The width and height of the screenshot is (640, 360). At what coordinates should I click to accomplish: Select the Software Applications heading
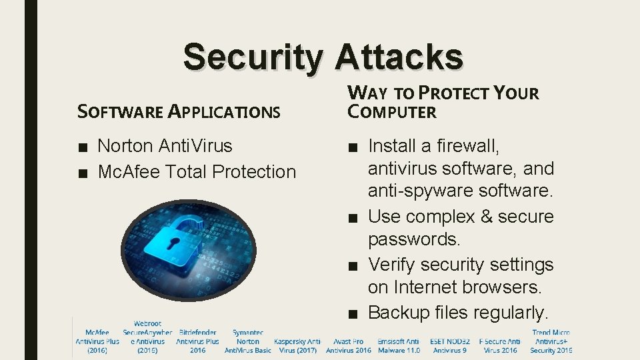[179, 111]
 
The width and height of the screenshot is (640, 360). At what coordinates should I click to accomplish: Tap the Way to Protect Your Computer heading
[443, 102]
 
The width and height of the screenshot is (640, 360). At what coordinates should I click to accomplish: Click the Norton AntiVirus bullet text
[165, 145]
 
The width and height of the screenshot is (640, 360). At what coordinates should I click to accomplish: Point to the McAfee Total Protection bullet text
[197, 171]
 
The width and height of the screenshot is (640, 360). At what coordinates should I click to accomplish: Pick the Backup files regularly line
[458, 312]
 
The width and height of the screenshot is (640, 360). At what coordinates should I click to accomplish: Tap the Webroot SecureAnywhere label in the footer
[147, 337]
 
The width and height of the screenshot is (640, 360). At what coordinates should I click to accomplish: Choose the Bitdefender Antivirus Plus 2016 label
[197, 341]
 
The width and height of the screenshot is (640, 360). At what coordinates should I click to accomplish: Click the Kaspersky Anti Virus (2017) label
[297, 345]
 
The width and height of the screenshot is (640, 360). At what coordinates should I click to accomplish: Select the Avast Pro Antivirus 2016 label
[348, 345]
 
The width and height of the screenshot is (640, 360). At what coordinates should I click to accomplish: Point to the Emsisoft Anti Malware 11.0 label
[399, 345]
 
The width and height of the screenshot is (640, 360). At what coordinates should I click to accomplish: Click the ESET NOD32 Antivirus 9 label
[450, 345]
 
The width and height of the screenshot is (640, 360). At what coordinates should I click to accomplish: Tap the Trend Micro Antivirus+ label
[551, 341]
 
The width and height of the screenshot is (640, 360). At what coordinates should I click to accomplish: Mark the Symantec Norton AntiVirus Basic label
[248, 341]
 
